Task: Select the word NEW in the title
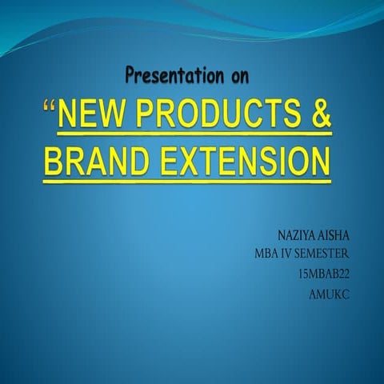pyautogui.click(x=90, y=117)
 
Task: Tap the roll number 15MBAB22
pyautogui.click(x=323, y=275)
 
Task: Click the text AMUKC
pyautogui.click(x=329, y=294)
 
